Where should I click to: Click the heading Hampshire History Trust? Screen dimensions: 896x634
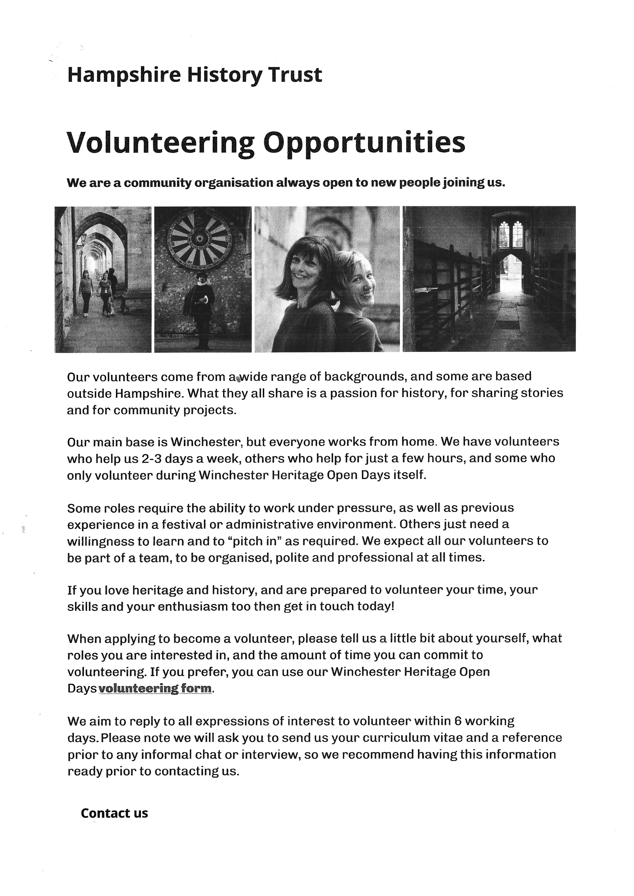coord(194,75)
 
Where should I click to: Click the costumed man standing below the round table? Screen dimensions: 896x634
coord(201,308)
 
